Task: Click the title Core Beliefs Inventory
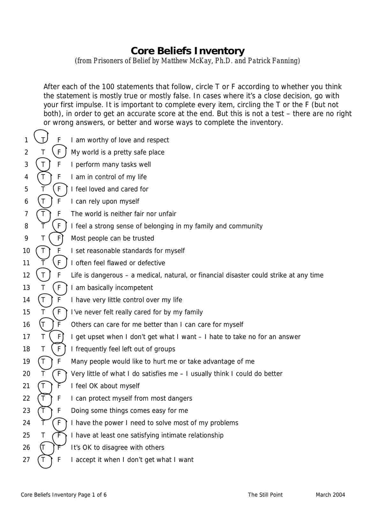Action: [187, 51]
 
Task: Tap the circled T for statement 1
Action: [43, 140]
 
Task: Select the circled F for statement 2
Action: [59, 152]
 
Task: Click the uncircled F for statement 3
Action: [59, 165]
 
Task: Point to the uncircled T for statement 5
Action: [43, 189]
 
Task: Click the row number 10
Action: [26, 251]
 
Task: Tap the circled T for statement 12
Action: [43, 275]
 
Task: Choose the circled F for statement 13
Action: [59, 288]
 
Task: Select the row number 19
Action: [26, 361]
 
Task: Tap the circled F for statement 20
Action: [59, 374]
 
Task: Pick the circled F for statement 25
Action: [59, 435]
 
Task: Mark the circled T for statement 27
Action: [43, 460]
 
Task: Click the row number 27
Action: [26, 460]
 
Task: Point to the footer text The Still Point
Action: [265, 495]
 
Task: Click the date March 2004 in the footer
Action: [330, 495]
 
